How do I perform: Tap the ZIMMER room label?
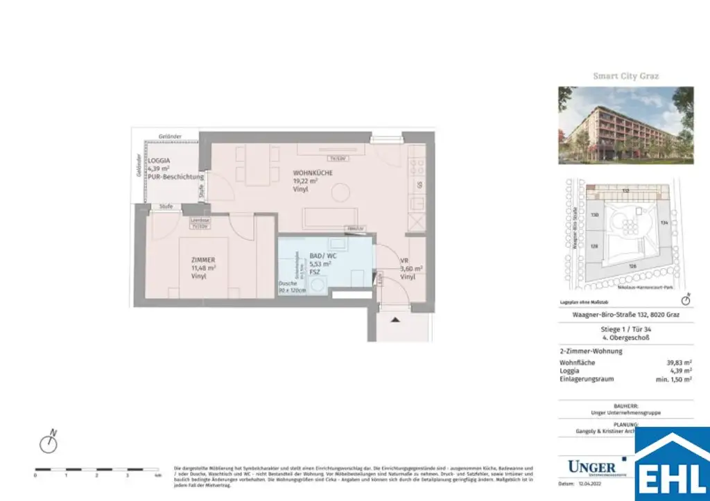[203, 259]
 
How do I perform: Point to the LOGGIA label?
[159, 161]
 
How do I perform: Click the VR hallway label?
[405, 261]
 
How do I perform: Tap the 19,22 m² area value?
[305, 180]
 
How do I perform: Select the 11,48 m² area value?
[203, 267]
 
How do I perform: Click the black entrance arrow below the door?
[396, 319]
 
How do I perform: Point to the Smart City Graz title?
[625, 76]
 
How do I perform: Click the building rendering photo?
[625, 125]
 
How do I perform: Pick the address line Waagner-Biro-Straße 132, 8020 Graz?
[625, 315]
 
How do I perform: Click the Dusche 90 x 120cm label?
[292, 286]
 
